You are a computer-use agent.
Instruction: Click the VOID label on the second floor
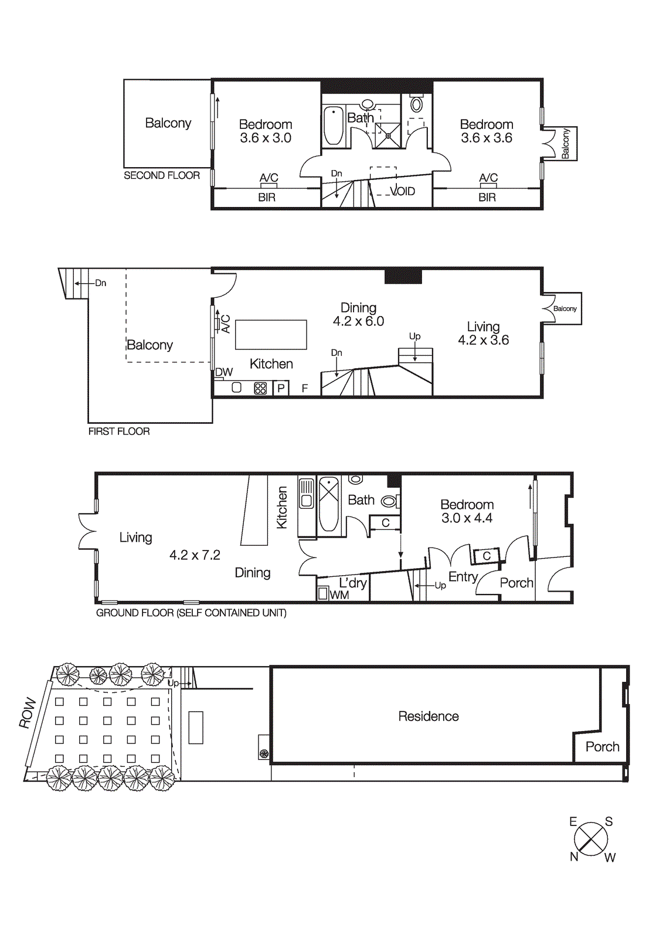click(x=403, y=191)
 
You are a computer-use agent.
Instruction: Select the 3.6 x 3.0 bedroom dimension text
click(x=266, y=138)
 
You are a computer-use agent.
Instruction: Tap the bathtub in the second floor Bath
click(x=334, y=125)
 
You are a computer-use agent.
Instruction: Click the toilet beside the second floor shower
click(x=417, y=105)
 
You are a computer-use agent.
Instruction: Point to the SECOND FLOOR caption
click(x=162, y=175)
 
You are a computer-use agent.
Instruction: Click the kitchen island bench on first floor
click(x=271, y=335)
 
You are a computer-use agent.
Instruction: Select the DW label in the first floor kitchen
click(x=224, y=372)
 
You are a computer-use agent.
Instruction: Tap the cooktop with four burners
click(x=260, y=388)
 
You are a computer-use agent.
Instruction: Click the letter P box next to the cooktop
click(x=281, y=388)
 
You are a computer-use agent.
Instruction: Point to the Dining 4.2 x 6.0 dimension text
click(x=358, y=321)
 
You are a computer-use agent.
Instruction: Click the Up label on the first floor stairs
click(x=414, y=336)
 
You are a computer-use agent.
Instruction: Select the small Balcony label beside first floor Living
click(x=565, y=308)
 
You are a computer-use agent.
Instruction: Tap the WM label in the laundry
click(x=339, y=594)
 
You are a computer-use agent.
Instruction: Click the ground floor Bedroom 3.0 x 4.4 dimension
click(x=467, y=518)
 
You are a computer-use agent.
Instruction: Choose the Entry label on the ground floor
click(x=463, y=577)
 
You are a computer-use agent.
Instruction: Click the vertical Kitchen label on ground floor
click(x=282, y=508)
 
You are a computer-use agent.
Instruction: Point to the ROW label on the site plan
click(x=28, y=713)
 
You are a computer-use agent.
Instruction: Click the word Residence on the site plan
click(x=429, y=716)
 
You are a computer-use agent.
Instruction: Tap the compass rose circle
click(x=591, y=839)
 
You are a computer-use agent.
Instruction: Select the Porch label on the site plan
click(x=602, y=747)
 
